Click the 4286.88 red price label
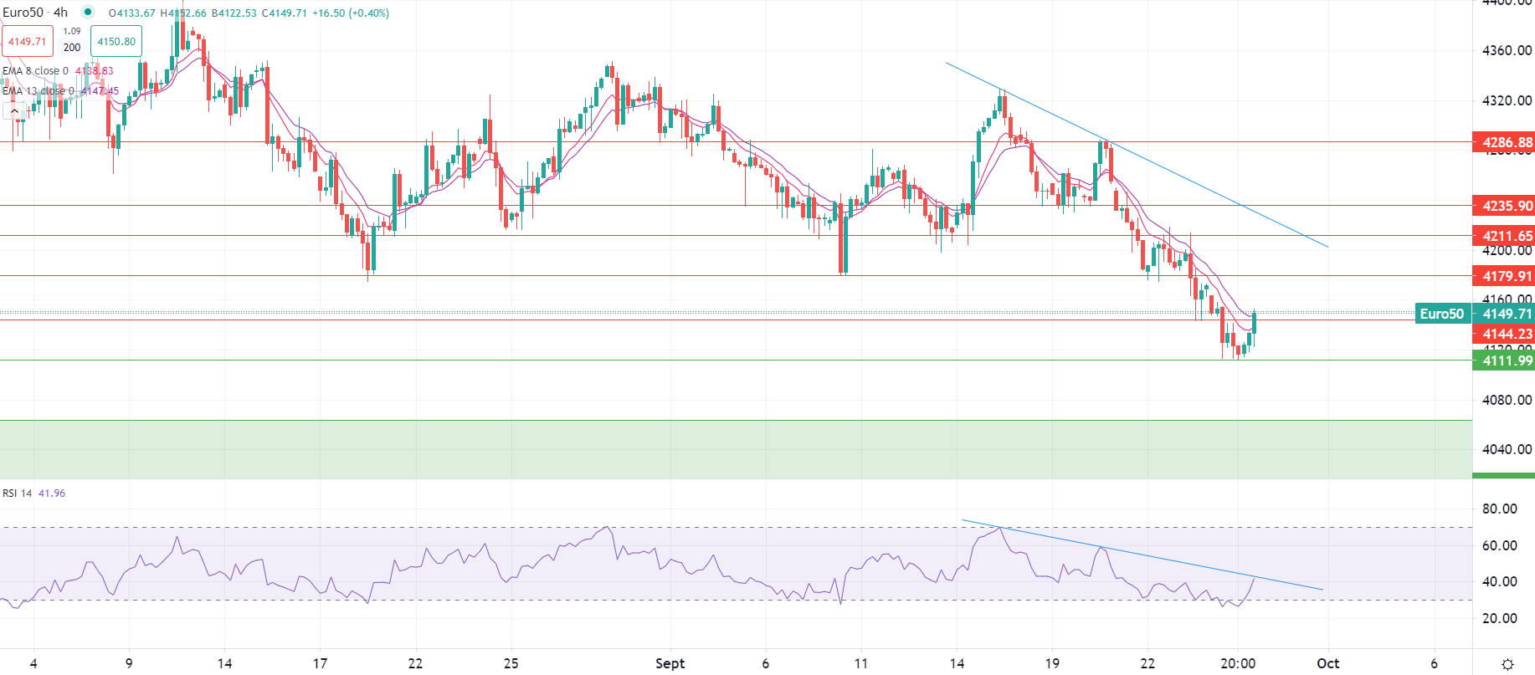coord(1507,142)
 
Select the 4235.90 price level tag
coord(1507,206)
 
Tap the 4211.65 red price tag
coord(1507,236)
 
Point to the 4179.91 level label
coord(1507,276)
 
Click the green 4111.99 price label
coord(1507,361)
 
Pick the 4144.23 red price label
coord(1507,334)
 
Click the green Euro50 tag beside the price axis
coord(1442,314)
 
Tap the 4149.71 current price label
coord(1507,314)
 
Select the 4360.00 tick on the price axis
coord(1507,50)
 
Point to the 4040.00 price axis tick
coord(1507,449)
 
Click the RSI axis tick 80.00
coord(1500,509)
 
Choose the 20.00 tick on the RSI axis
coord(1500,618)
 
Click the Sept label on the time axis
coord(670,663)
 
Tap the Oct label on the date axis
coord(1327,663)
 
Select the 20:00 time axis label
coord(1238,663)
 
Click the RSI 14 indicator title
coord(18,493)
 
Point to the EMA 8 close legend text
coord(35,71)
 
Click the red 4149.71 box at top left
coord(28,41)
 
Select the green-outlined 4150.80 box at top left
coord(116,41)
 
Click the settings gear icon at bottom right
coord(1507,664)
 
